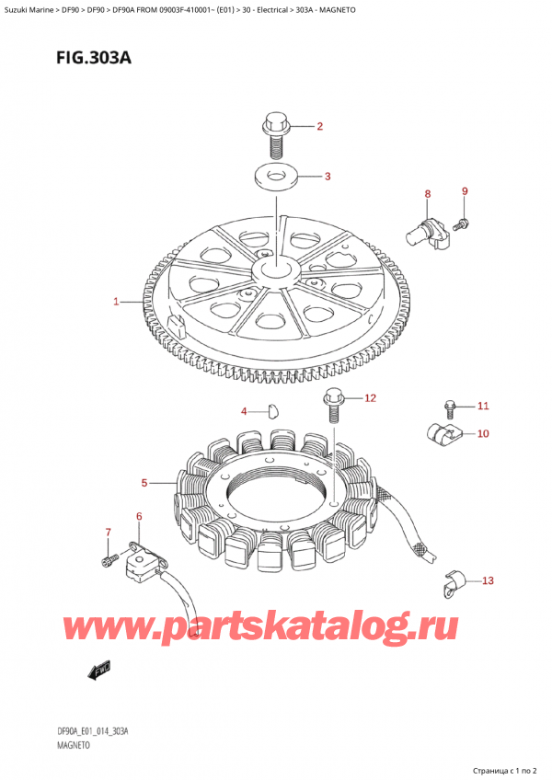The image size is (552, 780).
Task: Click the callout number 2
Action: pyautogui.click(x=319, y=126)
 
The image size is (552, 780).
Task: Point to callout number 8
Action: pyautogui.click(x=428, y=193)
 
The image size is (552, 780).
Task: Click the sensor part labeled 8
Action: pyautogui.click(x=428, y=235)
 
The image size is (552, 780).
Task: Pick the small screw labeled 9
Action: pyautogui.click(x=461, y=224)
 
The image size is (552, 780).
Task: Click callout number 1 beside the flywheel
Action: pyautogui.click(x=116, y=302)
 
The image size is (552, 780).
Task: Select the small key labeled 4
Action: pyautogui.click(x=273, y=411)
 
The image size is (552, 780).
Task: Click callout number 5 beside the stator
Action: pyautogui.click(x=144, y=483)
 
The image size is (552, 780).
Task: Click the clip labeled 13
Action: pyautogui.click(x=454, y=581)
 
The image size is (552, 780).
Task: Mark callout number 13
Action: pyautogui.click(x=488, y=580)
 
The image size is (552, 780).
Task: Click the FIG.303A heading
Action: pyautogui.click(x=94, y=58)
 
